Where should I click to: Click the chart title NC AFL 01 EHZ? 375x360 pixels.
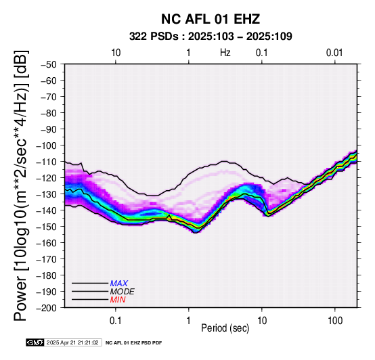click(x=211, y=19)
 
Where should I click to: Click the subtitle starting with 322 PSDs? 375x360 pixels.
click(x=211, y=37)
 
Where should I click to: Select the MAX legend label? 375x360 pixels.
click(x=118, y=284)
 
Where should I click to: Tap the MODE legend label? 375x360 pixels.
click(x=123, y=292)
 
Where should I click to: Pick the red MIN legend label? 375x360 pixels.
click(x=118, y=300)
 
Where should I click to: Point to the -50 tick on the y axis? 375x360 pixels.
click(x=49, y=64)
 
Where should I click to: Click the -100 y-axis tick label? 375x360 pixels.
click(x=47, y=145)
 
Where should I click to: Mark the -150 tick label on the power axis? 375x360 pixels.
click(x=47, y=227)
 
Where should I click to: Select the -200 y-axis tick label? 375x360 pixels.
click(x=47, y=308)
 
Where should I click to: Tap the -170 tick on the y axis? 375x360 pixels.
click(x=47, y=259)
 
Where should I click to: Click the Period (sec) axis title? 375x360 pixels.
click(x=225, y=328)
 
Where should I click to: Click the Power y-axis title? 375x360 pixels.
click(x=21, y=185)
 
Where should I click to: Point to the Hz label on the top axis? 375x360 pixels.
click(x=225, y=53)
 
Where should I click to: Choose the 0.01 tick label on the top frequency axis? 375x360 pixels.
click(x=334, y=53)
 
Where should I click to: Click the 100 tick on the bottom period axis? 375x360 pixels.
click(x=335, y=321)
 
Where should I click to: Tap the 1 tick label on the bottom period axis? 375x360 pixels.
click(x=188, y=321)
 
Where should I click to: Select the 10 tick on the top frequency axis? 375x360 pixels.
click(x=116, y=53)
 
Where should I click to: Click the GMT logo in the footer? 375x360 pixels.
click(x=35, y=342)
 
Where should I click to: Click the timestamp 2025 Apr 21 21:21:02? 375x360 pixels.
click(x=72, y=342)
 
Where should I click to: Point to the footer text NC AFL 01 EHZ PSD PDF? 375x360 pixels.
click(x=134, y=343)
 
